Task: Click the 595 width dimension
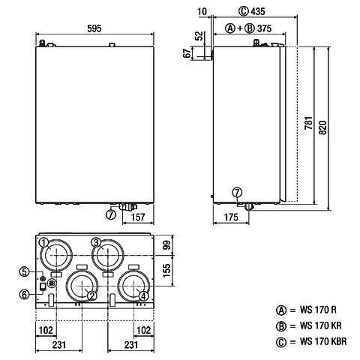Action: [94, 28]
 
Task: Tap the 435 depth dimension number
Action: [258, 11]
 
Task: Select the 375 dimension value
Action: [264, 28]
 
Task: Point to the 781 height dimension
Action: [309, 123]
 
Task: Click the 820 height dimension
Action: [322, 127]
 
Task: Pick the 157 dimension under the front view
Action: [138, 217]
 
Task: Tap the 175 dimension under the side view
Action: [231, 217]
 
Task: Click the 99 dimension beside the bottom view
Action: [166, 244]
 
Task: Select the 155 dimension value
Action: [166, 270]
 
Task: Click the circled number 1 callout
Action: [44, 242]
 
